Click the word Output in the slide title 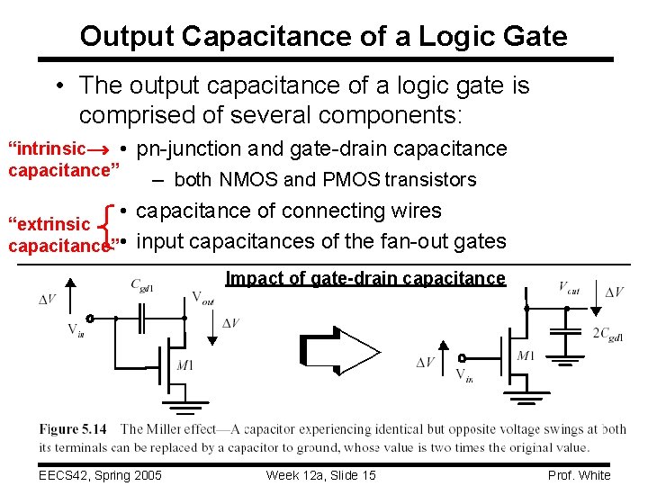click(x=126, y=37)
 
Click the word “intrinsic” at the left click(x=46, y=148)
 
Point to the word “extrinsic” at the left click(x=49, y=224)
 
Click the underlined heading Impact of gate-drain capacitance click(x=365, y=278)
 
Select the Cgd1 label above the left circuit click(x=142, y=286)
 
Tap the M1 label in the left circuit click(x=184, y=364)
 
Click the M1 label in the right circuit click(x=526, y=356)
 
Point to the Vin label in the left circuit click(x=76, y=329)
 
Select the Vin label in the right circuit click(x=464, y=374)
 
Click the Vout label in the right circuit click(x=568, y=288)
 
